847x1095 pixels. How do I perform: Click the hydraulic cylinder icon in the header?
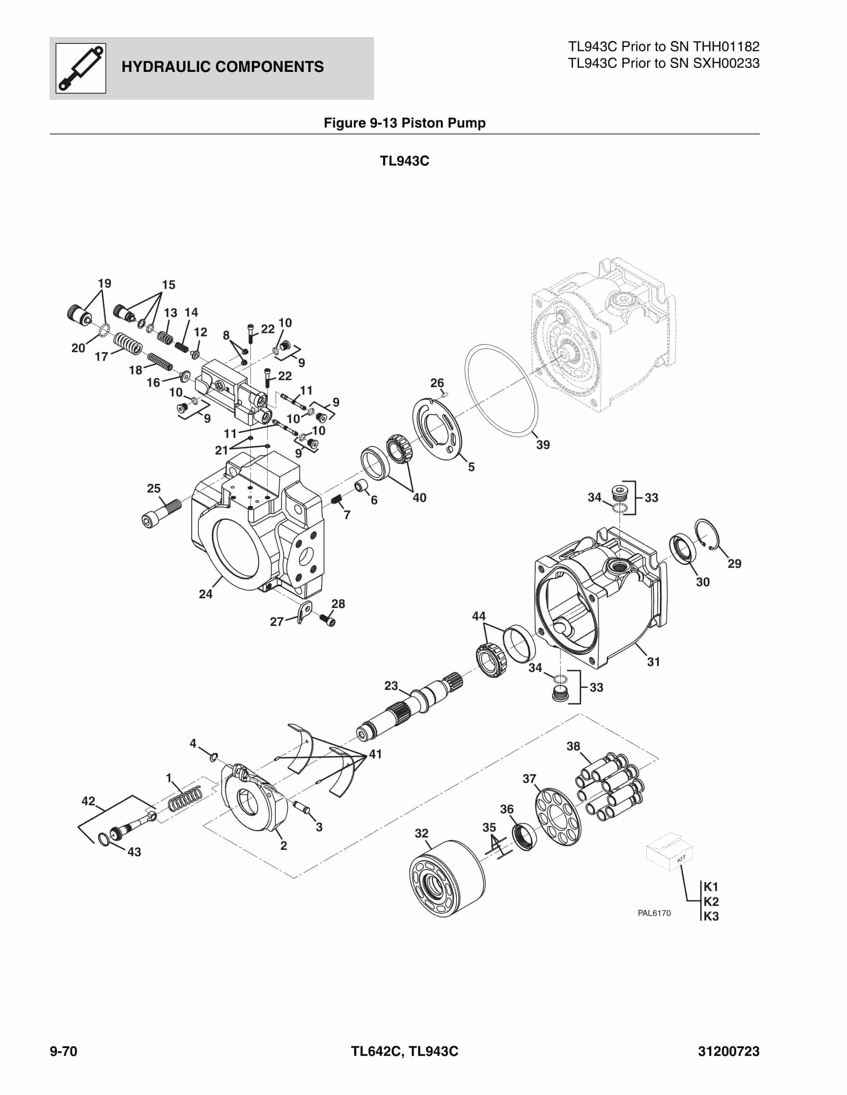(x=81, y=68)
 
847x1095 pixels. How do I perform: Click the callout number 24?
(x=206, y=594)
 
